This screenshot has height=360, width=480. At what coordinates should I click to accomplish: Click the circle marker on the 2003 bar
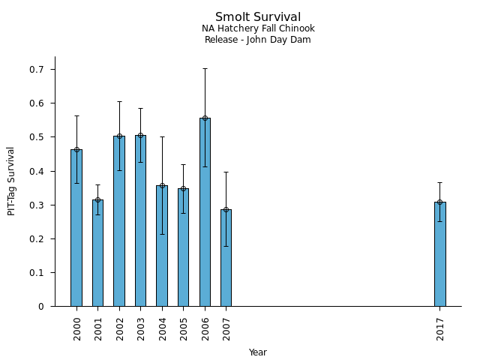pyautogui.click(x=140, y=136)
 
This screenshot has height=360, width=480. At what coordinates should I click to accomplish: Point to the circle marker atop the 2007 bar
pyautogui.click(x=226, y=210)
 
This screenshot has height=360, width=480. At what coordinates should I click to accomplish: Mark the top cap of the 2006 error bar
pyautogui.click(x=205, y=69)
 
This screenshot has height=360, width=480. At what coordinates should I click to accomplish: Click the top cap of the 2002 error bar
pyautogui.click(x=119, y=102)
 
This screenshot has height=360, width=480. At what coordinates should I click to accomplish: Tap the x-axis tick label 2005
pyautogui.click(x=184, y=328)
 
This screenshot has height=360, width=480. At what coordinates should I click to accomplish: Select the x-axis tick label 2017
pyautogui.click(x=440, y=328)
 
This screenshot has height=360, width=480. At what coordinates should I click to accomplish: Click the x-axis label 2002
pyautogui.click(x=120, y=328)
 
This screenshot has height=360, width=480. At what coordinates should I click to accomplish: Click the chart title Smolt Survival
pyautogui.click(x=258, y=17)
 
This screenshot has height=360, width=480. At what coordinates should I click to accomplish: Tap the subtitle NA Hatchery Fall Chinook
pyautogui.click(x=258, y=28)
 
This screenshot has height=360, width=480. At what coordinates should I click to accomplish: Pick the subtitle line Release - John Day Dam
pyautogui.click(x=258, y=40)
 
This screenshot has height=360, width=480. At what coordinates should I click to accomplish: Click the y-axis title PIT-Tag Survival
pyautogui.click(x=11, y=181)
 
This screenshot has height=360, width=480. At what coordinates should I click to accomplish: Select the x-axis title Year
pyautogui.click(x=258, y=352)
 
